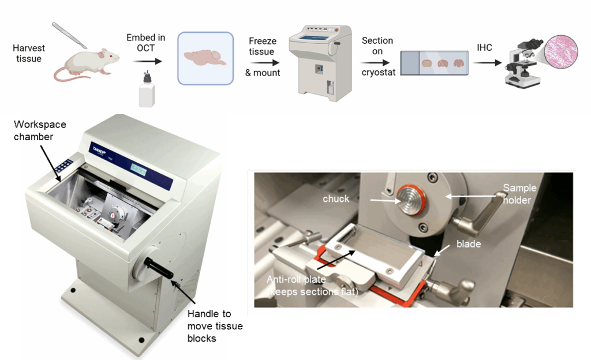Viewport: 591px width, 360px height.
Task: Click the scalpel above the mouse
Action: pyautogui.click(x=69, y=35)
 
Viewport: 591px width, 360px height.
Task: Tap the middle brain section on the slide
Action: pyautogui.click(x=443, y=63)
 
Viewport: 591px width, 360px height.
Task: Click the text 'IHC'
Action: pyautogui.click(x=484, y=47)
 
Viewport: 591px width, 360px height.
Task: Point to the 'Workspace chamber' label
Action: pyautogui.click(x=40, y=130)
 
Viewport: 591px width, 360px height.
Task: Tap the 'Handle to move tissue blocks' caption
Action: pyautogui.click(x=214, y=326)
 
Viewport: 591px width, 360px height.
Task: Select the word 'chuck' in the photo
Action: pyautogui.click(x=335, y=198)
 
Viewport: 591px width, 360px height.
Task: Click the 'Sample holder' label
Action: pyautogui.click(x=519, y=193)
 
